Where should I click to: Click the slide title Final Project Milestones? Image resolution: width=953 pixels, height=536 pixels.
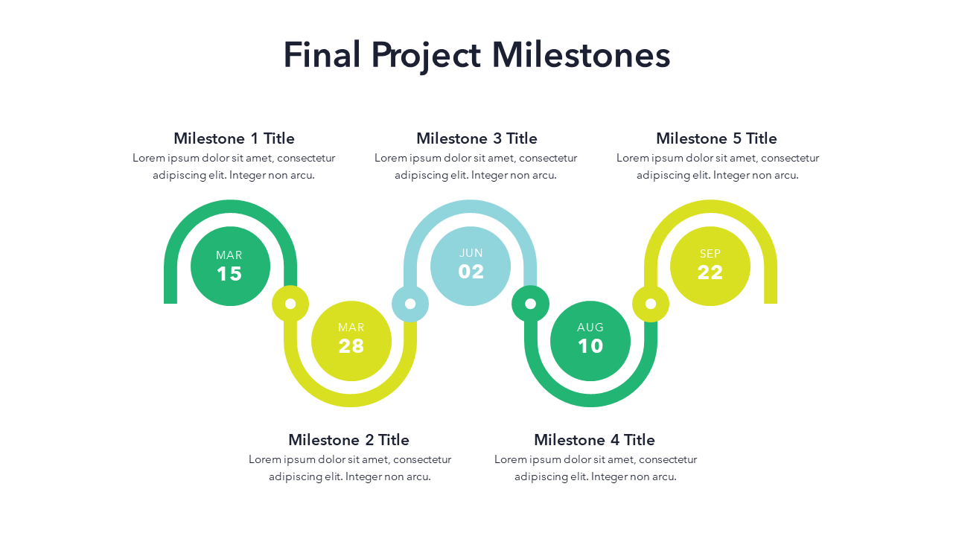[x=476, y=56]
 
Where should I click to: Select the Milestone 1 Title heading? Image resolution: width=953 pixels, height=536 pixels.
[x=234, y=138]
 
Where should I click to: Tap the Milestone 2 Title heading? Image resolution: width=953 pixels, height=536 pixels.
[x=348, y=440]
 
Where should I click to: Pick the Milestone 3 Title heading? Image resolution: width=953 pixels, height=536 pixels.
[x=476, y=138]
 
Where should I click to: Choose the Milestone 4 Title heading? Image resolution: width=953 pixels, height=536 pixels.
[x=594, y=440]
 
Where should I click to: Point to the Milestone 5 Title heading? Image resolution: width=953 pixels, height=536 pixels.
[x=716, y=138]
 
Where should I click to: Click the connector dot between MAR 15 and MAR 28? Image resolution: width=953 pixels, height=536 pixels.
[x=290, y=304]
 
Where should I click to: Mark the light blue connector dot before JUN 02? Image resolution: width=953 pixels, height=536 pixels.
[x=410, y=304]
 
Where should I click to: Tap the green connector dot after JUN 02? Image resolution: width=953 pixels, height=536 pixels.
[x=530, y=304]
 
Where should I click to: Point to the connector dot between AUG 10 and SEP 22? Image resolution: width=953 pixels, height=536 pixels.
[x=651, y=304]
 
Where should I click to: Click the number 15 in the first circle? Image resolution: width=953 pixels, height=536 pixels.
[x=229, y=274]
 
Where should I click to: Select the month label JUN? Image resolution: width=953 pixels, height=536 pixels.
[x=471, y=253]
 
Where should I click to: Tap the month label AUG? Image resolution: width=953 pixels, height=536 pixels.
[x=590, y=328]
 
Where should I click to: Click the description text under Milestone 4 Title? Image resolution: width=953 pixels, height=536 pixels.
[x=596, y=468]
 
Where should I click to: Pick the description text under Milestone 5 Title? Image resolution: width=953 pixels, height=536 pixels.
[x=718, y=167]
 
